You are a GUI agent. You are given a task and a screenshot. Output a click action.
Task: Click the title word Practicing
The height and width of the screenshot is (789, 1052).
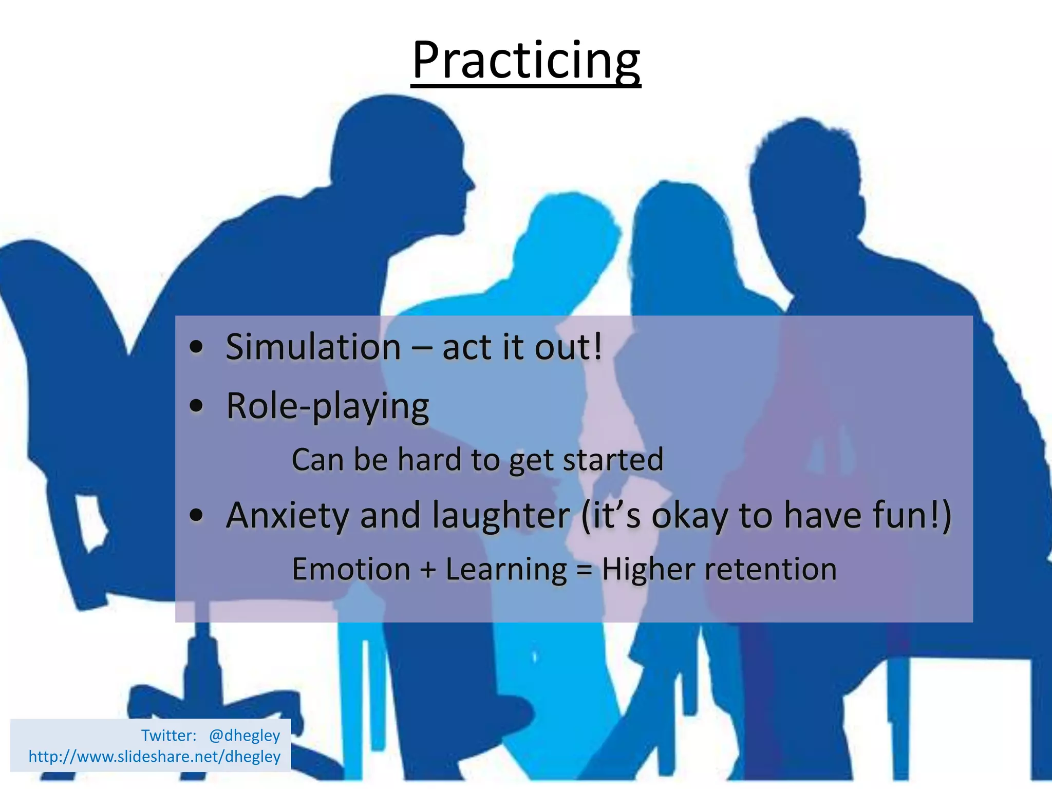[x=526, y=62]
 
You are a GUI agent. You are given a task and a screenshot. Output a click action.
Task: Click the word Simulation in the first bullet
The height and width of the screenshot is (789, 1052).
[x=313, y=348]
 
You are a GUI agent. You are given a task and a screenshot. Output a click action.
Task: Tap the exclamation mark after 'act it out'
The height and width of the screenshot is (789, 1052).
[x=597, y=347]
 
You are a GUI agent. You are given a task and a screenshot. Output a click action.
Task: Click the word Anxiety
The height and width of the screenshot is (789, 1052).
[x=288, y=515]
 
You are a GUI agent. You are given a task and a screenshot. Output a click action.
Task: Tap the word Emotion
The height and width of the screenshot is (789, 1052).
[x=351, y=570]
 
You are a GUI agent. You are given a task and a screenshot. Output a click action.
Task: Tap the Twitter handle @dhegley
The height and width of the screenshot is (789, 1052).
[x=245, y=736]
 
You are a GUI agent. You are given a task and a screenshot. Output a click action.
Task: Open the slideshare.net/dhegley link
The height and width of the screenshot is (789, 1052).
[x=155, y=757]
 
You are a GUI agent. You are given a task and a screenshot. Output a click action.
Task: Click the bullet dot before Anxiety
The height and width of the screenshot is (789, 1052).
[x=196, y=515]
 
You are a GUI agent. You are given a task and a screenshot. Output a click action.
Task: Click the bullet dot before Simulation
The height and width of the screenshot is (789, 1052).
[x=196, y=348]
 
